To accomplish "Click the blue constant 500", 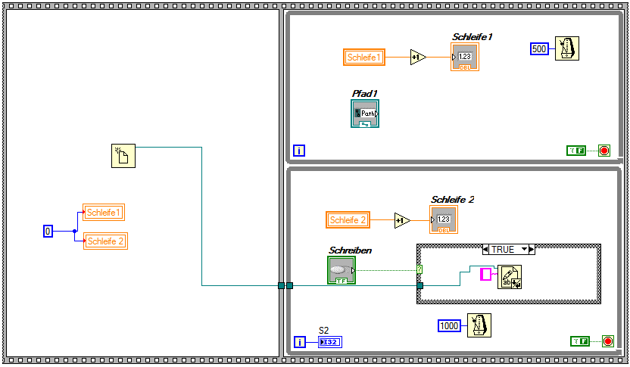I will pos(538,49).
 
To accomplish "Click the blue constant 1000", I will pos(449,325).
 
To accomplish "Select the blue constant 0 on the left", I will pos(48,231).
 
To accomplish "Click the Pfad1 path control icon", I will pos(365,114).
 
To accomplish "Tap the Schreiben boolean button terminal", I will pos(342,270).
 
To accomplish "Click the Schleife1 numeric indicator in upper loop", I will pos(465,57).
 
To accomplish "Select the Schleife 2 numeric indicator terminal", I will pos(444,220).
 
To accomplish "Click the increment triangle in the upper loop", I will pos(418,58).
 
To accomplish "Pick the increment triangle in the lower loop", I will pos(401,220).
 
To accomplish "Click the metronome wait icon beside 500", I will pos(566,48).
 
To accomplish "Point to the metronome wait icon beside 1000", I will pos(479,325).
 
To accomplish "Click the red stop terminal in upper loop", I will pos(603,151).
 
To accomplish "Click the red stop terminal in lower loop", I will pos(607,341).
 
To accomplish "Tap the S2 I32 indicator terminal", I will pos(330,342).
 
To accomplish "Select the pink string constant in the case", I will pos(485,275).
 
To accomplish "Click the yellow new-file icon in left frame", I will pos(123,156).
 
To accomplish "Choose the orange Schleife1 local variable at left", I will pos(104,213).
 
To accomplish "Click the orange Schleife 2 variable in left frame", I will pos(105,241).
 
